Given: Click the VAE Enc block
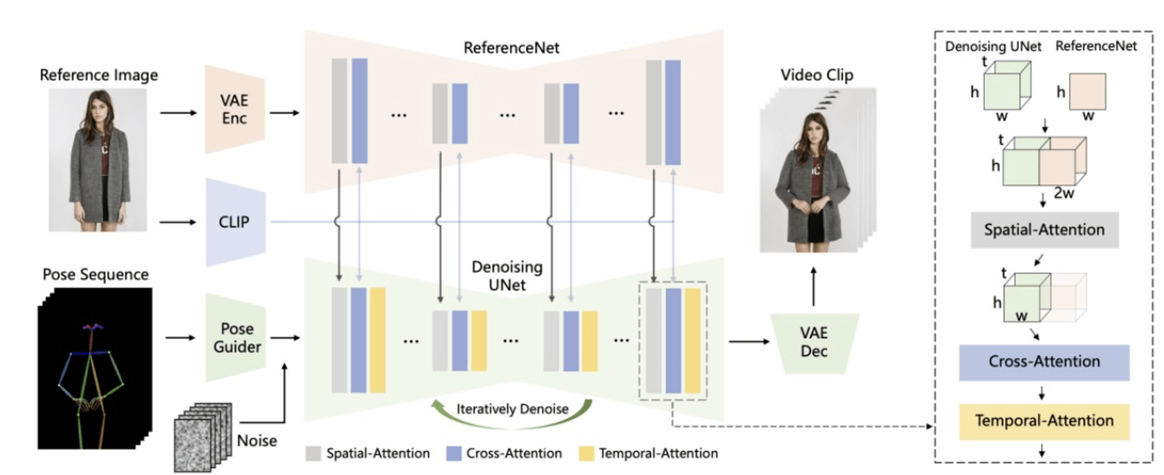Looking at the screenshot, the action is (235, 109).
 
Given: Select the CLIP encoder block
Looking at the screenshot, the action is (235, 222).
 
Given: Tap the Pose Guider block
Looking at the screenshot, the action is (236, 338).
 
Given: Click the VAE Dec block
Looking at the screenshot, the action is (815, 343).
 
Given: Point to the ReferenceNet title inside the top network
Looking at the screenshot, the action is (511, 48).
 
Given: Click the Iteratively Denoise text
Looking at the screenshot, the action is (512, 409).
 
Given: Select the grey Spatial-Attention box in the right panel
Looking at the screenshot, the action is (1044, 230).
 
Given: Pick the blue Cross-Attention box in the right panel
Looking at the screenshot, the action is (1044, 362).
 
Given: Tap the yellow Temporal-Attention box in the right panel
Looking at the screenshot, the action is (1044, 422).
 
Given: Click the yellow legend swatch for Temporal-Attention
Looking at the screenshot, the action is (587, 453).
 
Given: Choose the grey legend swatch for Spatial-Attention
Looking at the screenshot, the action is (313, 453).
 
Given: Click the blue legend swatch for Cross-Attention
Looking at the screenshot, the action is (454, 453).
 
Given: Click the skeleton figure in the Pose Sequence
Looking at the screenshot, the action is (91, 384).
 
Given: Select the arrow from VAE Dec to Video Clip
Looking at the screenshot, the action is (814, 287).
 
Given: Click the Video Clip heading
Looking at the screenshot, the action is (817, 75).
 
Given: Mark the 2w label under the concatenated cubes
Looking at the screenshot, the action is (1064, 193).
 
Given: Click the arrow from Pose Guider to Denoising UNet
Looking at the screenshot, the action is (285, 338).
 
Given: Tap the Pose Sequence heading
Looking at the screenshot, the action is (96, 274).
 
